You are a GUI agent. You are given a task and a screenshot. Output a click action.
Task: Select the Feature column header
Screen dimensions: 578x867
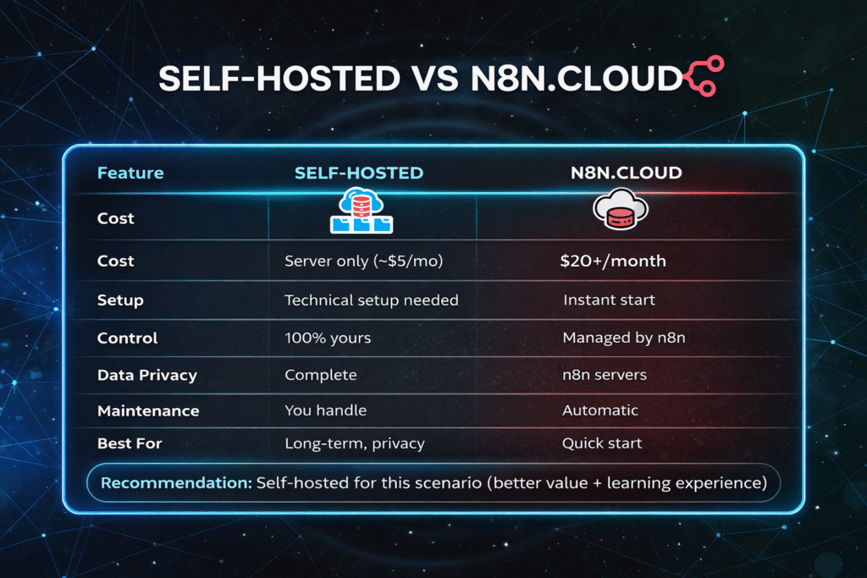(130, 173)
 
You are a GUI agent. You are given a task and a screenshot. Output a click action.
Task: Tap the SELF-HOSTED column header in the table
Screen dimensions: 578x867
(359, 173)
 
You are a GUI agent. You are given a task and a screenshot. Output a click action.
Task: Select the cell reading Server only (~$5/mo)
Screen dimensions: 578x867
(364, 261)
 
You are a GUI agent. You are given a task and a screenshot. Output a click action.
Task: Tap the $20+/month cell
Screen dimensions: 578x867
(613, 261)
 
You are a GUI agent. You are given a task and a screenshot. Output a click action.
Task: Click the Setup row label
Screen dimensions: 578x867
(120, 300)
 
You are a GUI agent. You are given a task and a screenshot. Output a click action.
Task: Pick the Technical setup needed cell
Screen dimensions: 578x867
(372, 300)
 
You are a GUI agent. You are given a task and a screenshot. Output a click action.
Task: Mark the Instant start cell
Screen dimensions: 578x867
(608, 300)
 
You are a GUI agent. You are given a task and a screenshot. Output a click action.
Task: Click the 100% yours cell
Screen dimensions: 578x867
(328, 338)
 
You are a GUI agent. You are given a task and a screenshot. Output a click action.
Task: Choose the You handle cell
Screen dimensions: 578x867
(325, 410)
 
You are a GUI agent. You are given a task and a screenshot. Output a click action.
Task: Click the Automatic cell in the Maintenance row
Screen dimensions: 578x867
(600, 410)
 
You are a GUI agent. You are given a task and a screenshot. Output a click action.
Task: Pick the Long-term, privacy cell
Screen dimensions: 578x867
(355, 443)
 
